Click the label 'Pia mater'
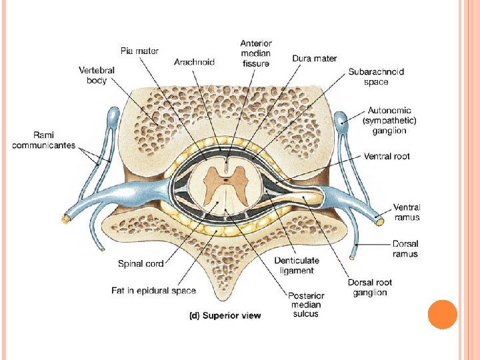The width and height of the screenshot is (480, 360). (139, 50)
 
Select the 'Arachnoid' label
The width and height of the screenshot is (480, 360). (194, 62)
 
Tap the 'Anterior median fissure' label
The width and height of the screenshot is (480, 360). (256, 53)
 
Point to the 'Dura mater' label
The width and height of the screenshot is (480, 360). (315, 59)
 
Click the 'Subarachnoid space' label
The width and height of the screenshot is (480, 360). (376, 77)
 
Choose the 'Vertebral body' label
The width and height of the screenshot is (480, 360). (97, 75)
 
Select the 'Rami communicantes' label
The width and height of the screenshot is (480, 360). (43, 140)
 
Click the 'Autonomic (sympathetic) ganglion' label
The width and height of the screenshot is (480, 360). (389, 121)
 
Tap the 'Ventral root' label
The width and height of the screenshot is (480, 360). (387, 156)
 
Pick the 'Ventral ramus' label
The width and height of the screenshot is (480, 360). (407, 212)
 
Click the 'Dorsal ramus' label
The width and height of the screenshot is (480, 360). (405, 249)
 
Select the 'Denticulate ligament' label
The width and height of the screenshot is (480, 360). (297, 265)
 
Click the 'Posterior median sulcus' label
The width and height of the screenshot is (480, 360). (306, 305)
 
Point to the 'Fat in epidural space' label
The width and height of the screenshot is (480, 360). (153, 290)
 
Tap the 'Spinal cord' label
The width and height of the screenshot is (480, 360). (141, 264)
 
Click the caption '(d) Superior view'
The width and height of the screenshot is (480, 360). (223, 315)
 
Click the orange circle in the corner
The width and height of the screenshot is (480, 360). (442, 315)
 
